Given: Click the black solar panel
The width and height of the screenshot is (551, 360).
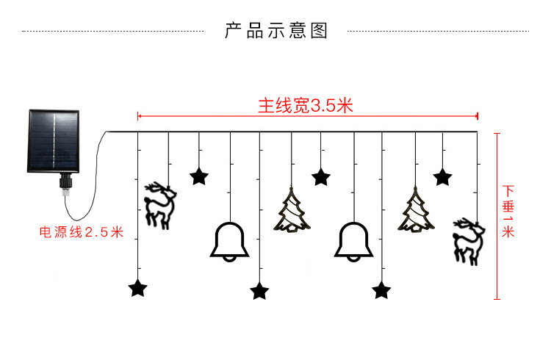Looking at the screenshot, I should (53, 142).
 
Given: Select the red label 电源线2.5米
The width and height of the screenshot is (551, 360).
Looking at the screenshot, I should (81, 232).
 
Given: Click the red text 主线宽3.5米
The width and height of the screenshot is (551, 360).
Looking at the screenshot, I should (305, 106).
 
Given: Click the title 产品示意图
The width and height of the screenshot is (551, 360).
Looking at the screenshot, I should (275, 32).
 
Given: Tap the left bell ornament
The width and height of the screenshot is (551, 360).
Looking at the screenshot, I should (229, 242).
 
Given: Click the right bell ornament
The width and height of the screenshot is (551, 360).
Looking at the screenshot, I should (354, 242).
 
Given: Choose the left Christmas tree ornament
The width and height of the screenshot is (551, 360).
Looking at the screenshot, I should (292, 211).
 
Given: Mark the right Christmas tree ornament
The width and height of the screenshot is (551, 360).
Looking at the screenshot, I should (416, 211).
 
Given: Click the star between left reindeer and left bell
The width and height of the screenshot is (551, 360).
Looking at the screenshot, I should (198, 176).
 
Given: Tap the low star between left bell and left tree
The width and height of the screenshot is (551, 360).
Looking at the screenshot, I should (259, 291).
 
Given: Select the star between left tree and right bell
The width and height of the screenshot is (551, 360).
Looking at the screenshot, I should (321, 176).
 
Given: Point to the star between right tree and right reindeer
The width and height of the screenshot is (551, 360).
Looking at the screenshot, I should (442, 176).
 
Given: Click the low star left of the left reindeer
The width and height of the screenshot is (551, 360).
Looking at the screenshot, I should (137, 288).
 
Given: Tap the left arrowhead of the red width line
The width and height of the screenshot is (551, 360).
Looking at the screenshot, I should (140, 116).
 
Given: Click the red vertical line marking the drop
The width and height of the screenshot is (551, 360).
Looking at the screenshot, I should (497, 217).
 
